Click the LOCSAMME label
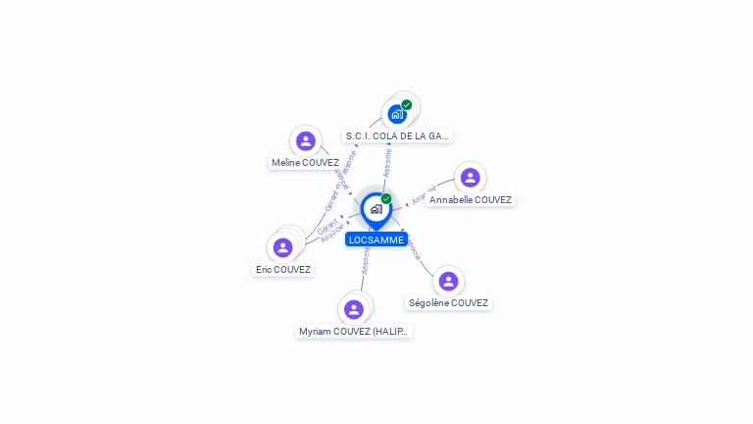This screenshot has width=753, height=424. pos(376,239)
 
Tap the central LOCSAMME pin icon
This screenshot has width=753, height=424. pos(376,209)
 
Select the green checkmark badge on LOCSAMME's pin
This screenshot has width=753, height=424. pos(386,199)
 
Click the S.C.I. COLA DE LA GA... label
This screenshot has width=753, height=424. pos(398,136)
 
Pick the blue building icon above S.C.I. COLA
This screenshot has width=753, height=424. pos(396,114)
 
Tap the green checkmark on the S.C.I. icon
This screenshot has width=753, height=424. pos(407,105)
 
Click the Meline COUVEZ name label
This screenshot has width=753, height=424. pos(305,163)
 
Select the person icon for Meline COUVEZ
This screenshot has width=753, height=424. pos(306,141)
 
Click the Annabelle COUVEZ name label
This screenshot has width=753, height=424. pos(471,200)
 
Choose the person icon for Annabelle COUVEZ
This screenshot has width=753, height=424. pos(470,178)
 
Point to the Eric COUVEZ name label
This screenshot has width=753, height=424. pos(283,270)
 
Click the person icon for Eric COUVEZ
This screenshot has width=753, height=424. pos(283,247)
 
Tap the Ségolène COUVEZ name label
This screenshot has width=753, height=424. pos(448,303)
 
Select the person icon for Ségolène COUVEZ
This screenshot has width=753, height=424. pos(448,282)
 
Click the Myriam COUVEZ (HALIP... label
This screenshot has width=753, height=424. pos(355,332)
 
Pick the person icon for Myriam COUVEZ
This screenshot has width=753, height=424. pos(354,309)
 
